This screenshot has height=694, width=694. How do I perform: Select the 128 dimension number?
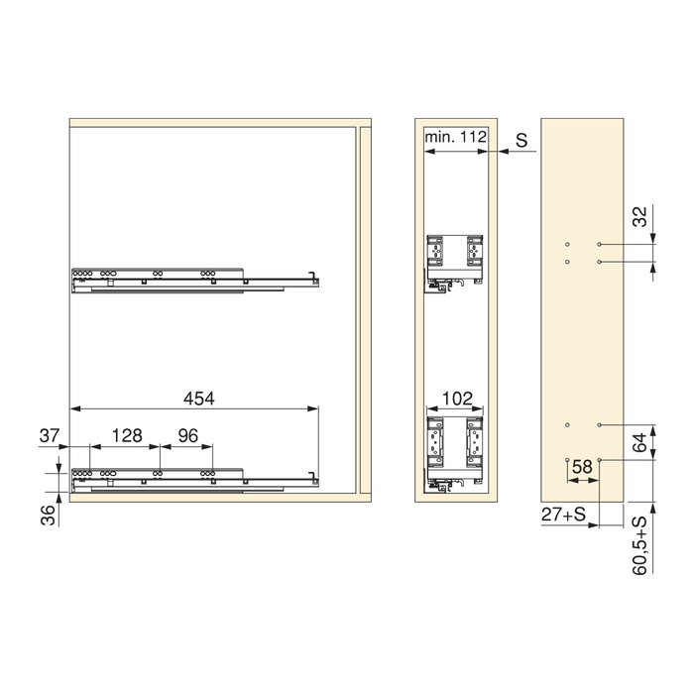coord(127,434)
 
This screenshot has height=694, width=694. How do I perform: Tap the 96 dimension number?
coord(188,434)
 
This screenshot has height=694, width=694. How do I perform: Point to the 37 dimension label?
coord(51,434)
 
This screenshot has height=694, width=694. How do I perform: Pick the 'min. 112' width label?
coord(454,137)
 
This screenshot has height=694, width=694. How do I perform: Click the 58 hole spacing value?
coord(582,464)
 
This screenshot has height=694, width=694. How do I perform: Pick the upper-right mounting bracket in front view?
coord(473,252)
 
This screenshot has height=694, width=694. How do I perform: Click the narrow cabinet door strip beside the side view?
coord(364,307)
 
